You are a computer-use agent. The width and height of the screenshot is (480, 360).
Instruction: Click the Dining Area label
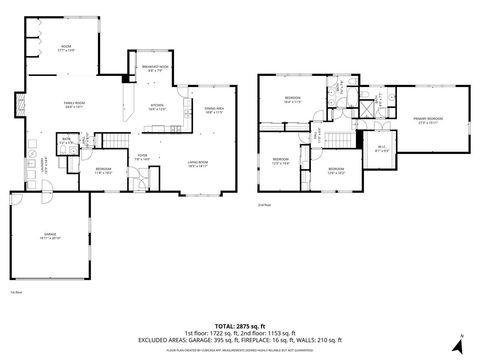[214, 111]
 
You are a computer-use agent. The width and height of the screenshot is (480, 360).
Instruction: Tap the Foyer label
[142, 157]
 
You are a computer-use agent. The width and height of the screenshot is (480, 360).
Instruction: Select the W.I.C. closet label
[381, 151]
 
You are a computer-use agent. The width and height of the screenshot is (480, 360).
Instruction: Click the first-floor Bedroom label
[103, 170]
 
